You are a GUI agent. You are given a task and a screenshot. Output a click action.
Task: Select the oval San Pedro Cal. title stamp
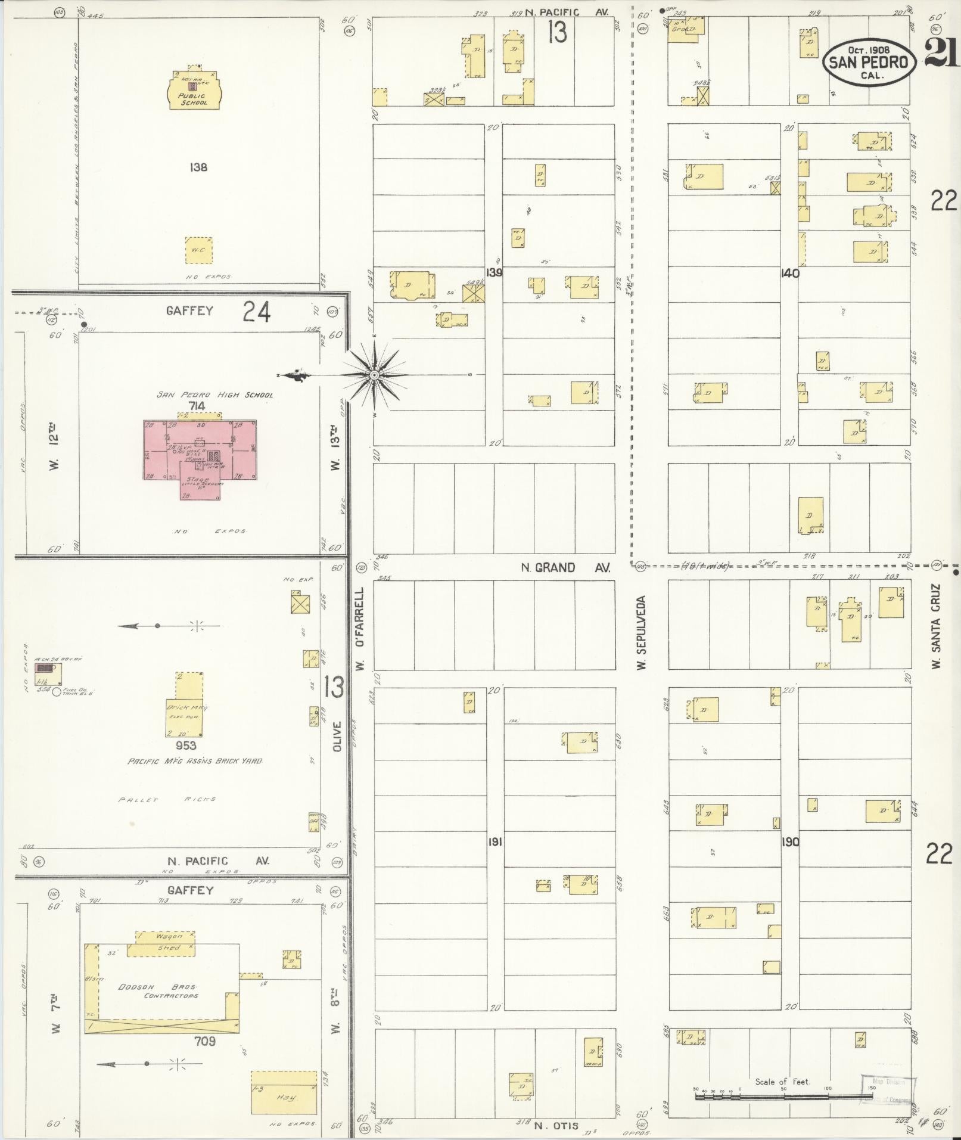pyautogui.click(x=869, y=62)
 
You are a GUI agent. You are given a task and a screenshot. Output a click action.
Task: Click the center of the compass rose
pyautogui.click(x=374, y=375)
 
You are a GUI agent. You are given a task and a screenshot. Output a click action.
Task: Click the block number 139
pyautogui.click(x=493, y=272)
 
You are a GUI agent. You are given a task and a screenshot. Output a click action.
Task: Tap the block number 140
pyautogui.click(x=790, y=274)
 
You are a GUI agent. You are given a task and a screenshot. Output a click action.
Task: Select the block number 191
pyautogui.click(x=495, y=841)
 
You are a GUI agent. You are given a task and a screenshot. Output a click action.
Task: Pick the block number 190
pyautogui.click(x=791, y=842)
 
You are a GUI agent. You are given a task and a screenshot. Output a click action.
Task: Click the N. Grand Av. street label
pyautogui.click(x=565, y=568)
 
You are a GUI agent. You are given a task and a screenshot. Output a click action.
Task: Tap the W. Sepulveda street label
pyautogui.click(x=641, y=632)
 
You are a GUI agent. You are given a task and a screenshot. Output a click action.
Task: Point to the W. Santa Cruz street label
pyautogui.click(x=936, y=626)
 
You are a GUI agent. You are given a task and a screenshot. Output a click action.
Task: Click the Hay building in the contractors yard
pyautogui.click(x=284, y=1092)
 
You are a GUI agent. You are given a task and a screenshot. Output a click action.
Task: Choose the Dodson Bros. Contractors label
pyautogui.click(x=158, y=991)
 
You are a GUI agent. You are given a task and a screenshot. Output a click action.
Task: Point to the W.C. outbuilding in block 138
pyautogui.click(x=198, y=250)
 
